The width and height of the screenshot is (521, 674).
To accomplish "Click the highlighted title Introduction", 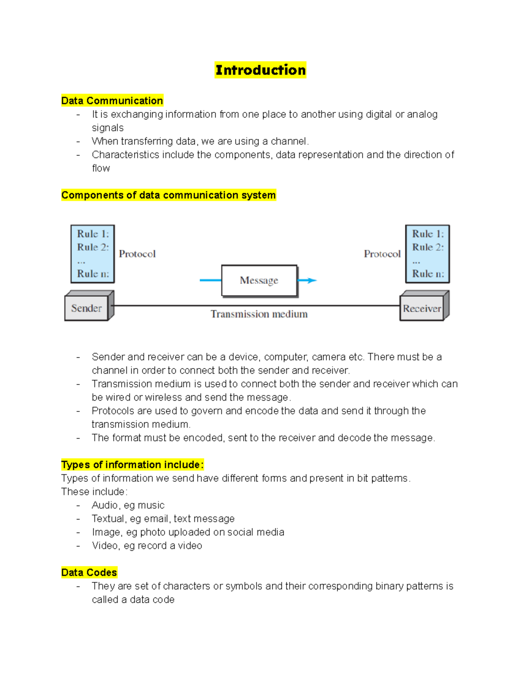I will [260, 70].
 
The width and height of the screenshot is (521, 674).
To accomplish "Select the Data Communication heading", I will [112, 101].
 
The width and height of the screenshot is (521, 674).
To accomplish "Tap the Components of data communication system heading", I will [168, 195].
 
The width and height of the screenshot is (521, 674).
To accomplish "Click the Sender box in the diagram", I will [86, 308].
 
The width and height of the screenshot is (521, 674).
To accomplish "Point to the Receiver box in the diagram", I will [422, 309].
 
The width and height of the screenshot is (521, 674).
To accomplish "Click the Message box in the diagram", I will [259, 281].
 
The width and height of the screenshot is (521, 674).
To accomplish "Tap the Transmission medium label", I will [259, 314].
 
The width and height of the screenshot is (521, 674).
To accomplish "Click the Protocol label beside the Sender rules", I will [137, 254].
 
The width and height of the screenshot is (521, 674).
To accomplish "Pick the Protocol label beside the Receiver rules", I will [382, 254].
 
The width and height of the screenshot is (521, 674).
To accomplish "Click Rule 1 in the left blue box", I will [93, 234].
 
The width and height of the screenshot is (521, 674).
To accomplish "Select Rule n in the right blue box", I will [428, 274].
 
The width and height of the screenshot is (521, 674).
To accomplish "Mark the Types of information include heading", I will [132, 465].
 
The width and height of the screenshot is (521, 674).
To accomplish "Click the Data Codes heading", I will [89, 572].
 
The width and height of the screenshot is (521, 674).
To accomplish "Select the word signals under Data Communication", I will [108, 128].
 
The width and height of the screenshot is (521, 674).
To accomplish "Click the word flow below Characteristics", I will [101, 168].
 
